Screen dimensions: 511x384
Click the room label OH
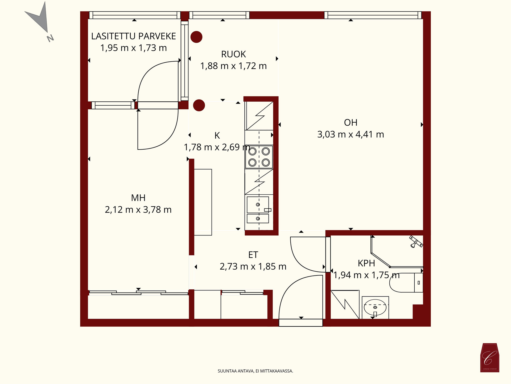[x=351, y=123]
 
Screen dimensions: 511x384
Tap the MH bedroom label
[x=138, y=198]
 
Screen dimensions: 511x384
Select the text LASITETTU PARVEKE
[x=133, y=36]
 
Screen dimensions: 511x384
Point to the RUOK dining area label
[x=233, y=54]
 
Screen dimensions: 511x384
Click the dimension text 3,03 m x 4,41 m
[x=351, y=134]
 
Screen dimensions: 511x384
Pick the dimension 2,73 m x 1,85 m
[x=253, y=267]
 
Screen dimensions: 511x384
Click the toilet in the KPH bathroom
[x=406, y=283]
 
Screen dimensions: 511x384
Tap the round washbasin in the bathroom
[x=375, y=307]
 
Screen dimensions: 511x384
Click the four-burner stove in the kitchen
[x=259, y=157]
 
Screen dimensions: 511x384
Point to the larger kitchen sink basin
[x=258, y=205]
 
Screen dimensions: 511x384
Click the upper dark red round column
[x=196, y=37]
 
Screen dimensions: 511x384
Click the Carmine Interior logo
[x=490, y=358]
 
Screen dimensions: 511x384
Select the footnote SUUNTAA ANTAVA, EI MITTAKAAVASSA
[x=255, y=371]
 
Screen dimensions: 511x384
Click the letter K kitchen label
[x=217, y=136]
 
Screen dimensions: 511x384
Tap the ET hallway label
[x=253, y=255]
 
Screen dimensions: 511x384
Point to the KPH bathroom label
[x=366, y=263]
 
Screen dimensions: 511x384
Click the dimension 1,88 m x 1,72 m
[x=233, y=66]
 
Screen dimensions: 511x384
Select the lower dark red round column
[x=199, y=105]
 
